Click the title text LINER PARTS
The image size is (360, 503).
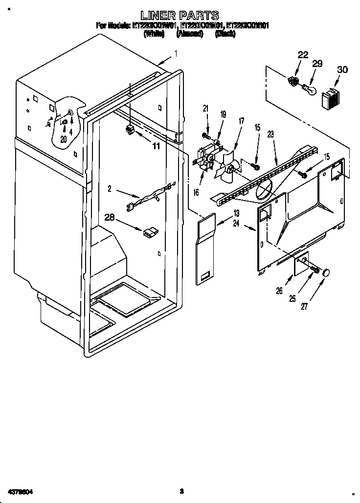(180, 15)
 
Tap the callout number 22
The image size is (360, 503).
(303, 55)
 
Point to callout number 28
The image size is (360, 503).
(110, 217)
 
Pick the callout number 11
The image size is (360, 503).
(156, 145)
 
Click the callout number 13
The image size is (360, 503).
(236, 213)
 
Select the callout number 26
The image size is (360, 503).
(279, 291)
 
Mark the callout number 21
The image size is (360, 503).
(205, 108)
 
